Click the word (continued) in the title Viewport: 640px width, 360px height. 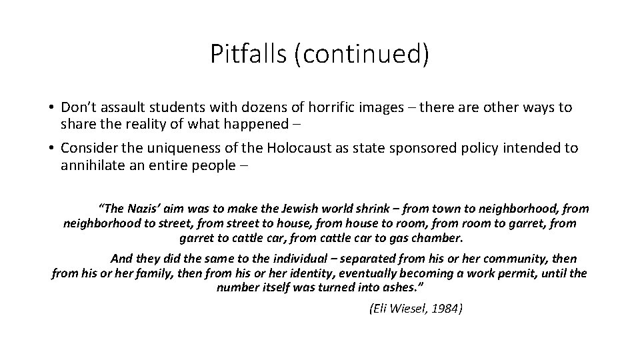363,55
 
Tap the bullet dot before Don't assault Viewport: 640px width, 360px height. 51,107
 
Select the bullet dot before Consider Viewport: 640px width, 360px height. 51,148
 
